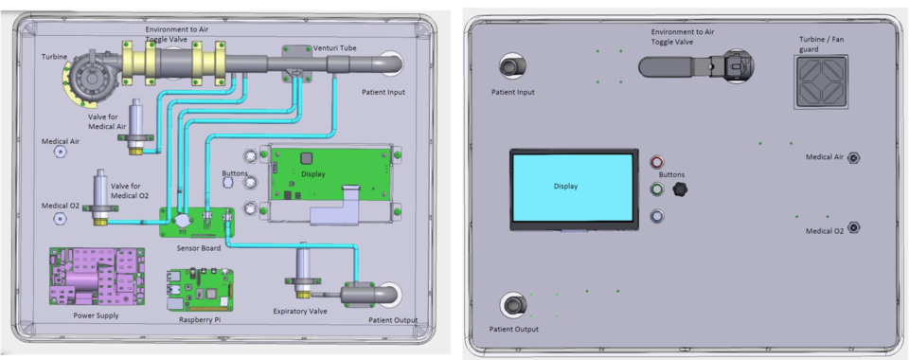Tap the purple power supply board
tap(96, 276)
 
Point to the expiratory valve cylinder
tap(307, 265)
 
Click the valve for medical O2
tap(100, 193)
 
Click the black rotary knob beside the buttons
tap(678, 190)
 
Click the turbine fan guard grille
tap(818, 80)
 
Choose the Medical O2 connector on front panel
tap(852, 226)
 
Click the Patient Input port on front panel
tap(512, 66)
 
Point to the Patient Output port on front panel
tap(512, 305)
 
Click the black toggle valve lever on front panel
tap(672, 66)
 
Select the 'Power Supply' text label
tap(96, 315)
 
